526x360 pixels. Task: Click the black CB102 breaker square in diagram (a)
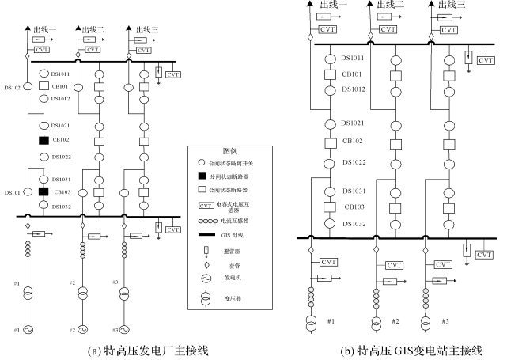coord(44,141)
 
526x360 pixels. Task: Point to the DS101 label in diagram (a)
coord(12,192)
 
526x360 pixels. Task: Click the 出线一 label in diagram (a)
coord(45,29)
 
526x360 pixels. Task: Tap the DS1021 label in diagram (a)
coord(62,126)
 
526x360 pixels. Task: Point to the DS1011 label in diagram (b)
coord(353,59)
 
